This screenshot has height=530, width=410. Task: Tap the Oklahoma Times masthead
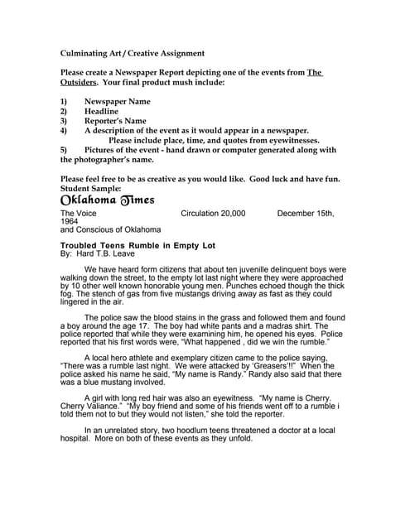point(108,202)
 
